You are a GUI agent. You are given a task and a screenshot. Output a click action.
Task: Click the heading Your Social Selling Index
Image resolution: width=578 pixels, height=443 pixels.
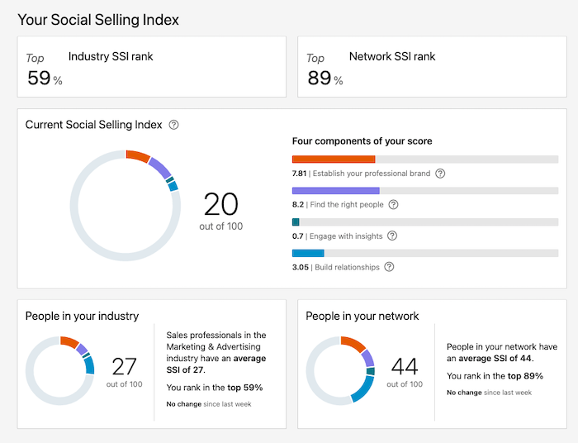(98, 19)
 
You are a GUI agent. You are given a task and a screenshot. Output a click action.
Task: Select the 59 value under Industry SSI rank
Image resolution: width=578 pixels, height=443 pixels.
(39, 78)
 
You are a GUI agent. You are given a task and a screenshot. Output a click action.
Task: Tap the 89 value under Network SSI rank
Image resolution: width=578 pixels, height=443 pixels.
(319, 78)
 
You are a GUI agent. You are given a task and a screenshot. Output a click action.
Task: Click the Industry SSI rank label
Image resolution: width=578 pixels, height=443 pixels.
(111, 57)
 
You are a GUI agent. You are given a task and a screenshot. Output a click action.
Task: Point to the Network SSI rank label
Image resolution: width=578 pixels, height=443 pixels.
(392, 57)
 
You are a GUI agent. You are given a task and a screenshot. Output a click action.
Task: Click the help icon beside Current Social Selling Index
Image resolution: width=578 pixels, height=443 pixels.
(173, 125)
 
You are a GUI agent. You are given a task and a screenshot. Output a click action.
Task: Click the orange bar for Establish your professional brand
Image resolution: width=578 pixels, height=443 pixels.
(334, 159)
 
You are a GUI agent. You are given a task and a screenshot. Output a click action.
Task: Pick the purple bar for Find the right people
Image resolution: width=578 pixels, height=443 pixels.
(335, 190)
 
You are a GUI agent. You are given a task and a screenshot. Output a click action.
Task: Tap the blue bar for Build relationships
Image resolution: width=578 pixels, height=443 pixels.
(308, 253)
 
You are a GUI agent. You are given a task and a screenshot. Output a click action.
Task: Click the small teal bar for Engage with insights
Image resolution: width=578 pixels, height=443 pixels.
(296, 221)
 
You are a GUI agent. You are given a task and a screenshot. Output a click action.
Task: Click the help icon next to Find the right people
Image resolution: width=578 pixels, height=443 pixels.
(393, 204)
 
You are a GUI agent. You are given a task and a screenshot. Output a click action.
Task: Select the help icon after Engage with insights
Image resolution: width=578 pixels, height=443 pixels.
(391, 236)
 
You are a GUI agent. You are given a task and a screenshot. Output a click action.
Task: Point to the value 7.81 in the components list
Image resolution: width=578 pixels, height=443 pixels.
(299, 174)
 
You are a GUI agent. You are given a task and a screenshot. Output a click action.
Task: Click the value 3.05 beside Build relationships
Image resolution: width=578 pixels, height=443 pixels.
(300, 267)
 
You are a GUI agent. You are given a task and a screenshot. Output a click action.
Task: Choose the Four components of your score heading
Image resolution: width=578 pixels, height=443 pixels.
(362, 141)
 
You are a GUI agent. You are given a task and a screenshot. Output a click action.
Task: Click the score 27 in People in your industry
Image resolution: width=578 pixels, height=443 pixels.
(124, 366)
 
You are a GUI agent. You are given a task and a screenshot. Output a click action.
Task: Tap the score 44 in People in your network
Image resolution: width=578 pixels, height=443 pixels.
(405, 366)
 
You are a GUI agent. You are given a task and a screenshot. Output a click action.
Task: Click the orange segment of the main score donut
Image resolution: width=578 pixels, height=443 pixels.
(138, 156)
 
